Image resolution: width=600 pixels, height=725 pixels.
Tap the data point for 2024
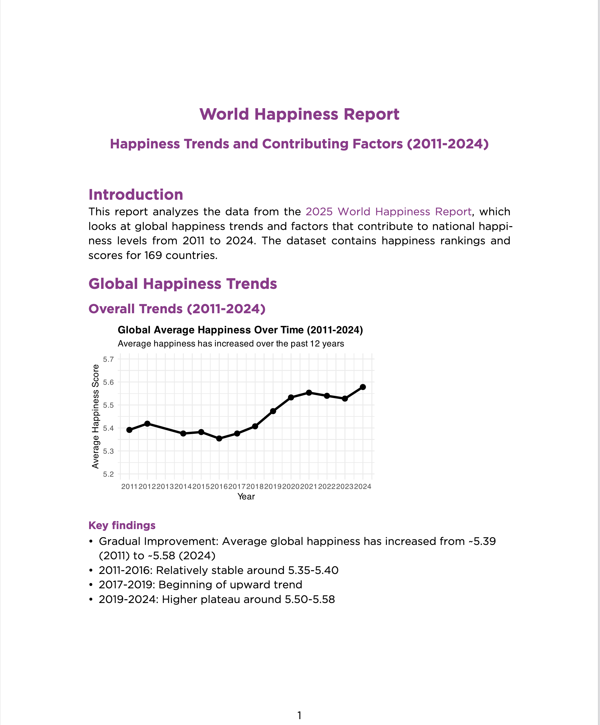tap(363, 387)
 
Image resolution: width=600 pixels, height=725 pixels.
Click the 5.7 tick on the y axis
tap(109, 359)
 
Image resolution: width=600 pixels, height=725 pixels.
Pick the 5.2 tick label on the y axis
tap(109, 474)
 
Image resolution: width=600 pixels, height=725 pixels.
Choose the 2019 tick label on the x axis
tap(273, 487)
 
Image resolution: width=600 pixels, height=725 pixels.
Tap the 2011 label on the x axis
tap(129, 487)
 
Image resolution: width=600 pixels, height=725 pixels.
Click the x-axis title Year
tap(246, 497)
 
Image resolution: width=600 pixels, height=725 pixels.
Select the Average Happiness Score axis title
tap(96, 416)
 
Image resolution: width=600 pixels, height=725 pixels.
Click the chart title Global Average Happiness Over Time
tap(240, 330)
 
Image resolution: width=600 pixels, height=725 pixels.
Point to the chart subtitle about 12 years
tap(230, 344)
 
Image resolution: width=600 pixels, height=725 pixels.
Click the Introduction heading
tap(136, 195)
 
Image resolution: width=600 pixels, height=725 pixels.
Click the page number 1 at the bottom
tap(299, 715)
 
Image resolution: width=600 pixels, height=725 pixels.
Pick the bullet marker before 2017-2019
tap(91, 585)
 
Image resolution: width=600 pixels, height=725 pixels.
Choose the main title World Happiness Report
tap(299, 114)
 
